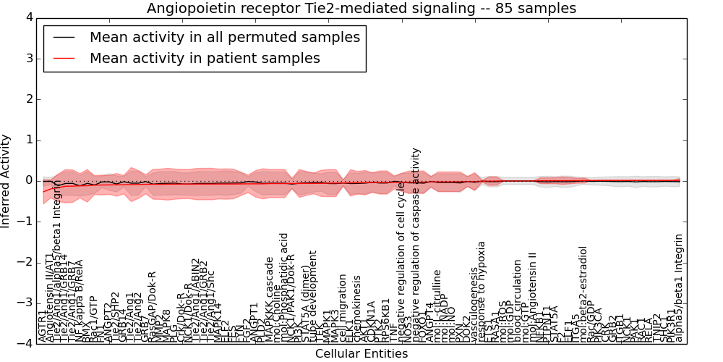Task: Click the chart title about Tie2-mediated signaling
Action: click(x=361, y=9)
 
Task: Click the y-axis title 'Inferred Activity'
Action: click(x=7, y=180)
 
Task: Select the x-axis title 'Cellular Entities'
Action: click(x=361, y=354)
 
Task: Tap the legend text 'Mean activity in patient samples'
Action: click(x=205, y=59)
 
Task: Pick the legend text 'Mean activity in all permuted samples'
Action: click(x=225, y=38)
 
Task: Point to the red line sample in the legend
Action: click(x=64, y=59)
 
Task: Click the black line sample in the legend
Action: click(x=64, y=38)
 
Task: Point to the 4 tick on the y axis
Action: click(x=28, y=18)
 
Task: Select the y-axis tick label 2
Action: click(x=28, y=99)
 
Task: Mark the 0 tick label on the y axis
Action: click(x=28, y=181)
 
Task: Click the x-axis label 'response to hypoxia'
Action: click(x=482, y=292)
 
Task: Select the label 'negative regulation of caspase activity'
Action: click(x=416, y=245)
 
